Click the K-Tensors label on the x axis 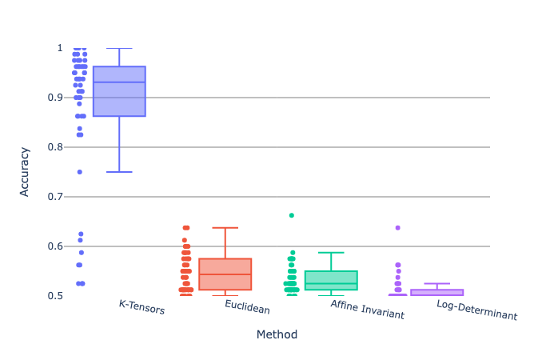point(141,307)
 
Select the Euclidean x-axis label point(247,307)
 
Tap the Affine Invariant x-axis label point(367,311)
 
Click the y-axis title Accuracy point(26,171)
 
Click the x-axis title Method point(277,334)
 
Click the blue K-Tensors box point(119,91)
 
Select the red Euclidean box point(225,274)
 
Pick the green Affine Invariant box point(331,280)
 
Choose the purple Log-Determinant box point(436,292)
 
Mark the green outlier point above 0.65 point(292,215)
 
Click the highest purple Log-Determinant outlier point point(397,228)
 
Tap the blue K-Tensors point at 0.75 point(79,172)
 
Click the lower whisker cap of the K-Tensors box point(119,172)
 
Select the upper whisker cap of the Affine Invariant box point(331,253)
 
